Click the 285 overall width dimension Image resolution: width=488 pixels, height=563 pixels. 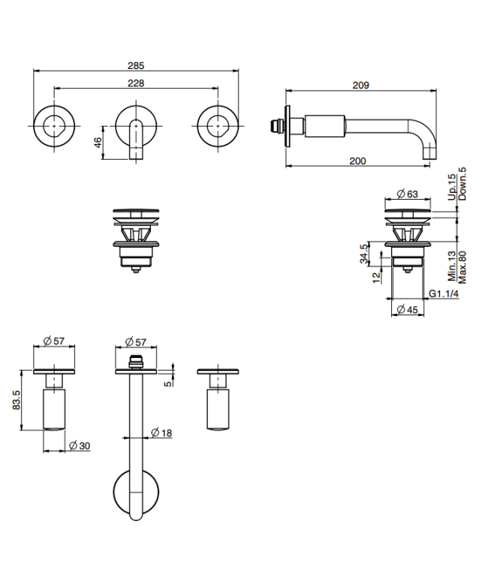pos(136,66)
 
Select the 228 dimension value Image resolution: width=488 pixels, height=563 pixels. pos(136,83)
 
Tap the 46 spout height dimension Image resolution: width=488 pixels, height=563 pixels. pos(98,143)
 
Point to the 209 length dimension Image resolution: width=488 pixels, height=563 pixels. pos(360,85)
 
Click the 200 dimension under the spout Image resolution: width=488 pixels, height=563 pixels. pos(357,161)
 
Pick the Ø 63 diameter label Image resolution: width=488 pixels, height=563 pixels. pos(408,194)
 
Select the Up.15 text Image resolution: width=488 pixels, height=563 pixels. pos(452,187)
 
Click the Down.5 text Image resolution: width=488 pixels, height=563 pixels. pos(462,183)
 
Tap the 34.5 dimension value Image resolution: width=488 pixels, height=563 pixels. pos(364,254)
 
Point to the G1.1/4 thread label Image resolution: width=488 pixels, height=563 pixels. pos(444,294)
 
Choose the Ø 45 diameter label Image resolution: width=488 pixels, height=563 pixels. pos(408,309)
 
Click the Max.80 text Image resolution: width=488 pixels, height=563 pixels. pos(462,267)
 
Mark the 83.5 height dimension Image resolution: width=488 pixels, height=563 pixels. pos(17,400)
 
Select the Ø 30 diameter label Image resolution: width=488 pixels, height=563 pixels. pos(80,446)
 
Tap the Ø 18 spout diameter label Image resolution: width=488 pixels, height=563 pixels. pos(161,432)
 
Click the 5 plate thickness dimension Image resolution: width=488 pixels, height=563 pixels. pos(167,384)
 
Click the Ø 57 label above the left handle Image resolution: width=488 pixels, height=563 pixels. pos(54,341)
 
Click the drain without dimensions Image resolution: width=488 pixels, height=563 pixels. pos(136,240)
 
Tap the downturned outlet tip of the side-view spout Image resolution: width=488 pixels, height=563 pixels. pos(429,152)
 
